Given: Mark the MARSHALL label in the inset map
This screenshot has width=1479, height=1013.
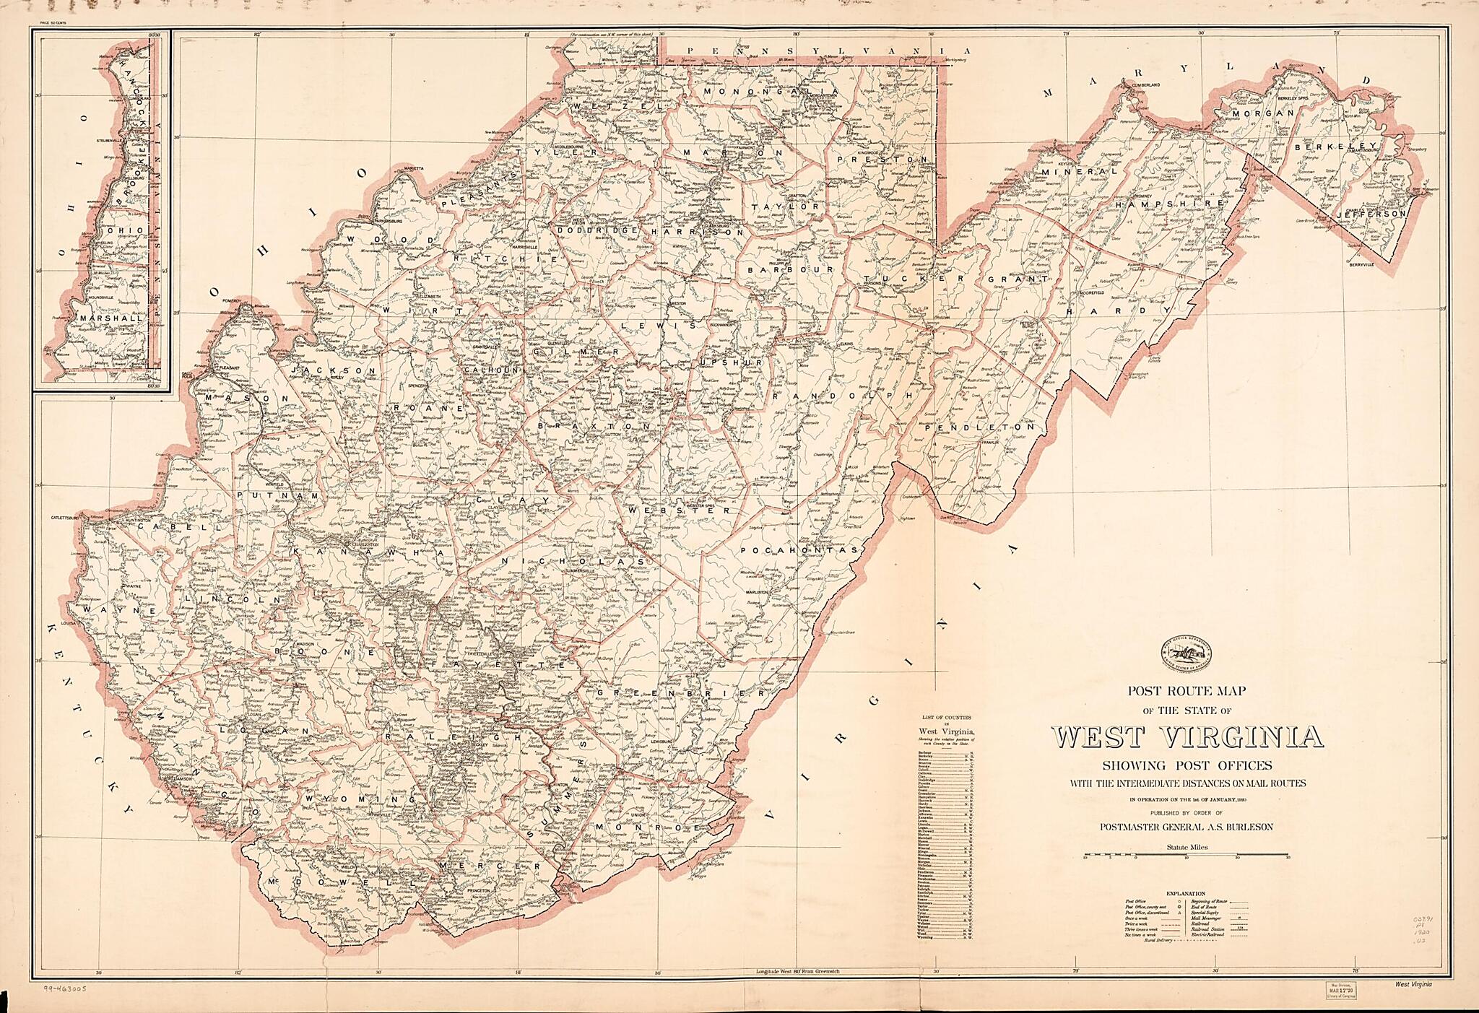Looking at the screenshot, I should [x=112, y=318].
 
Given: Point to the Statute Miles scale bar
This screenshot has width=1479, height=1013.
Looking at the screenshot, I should [x=1187, y=857].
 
